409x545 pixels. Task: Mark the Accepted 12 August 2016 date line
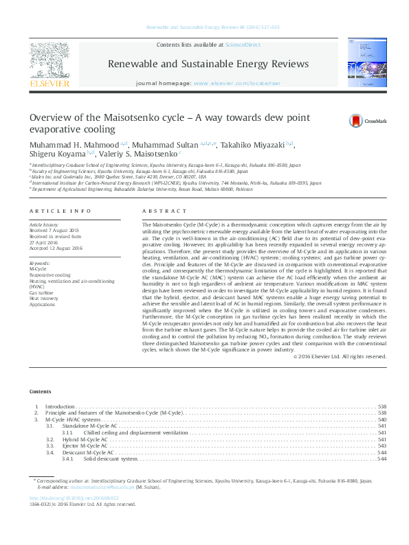click(x=55, y=248)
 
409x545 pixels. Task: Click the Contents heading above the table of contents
click(x=40, y=391)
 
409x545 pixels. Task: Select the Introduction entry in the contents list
click(x=60, y=406)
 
